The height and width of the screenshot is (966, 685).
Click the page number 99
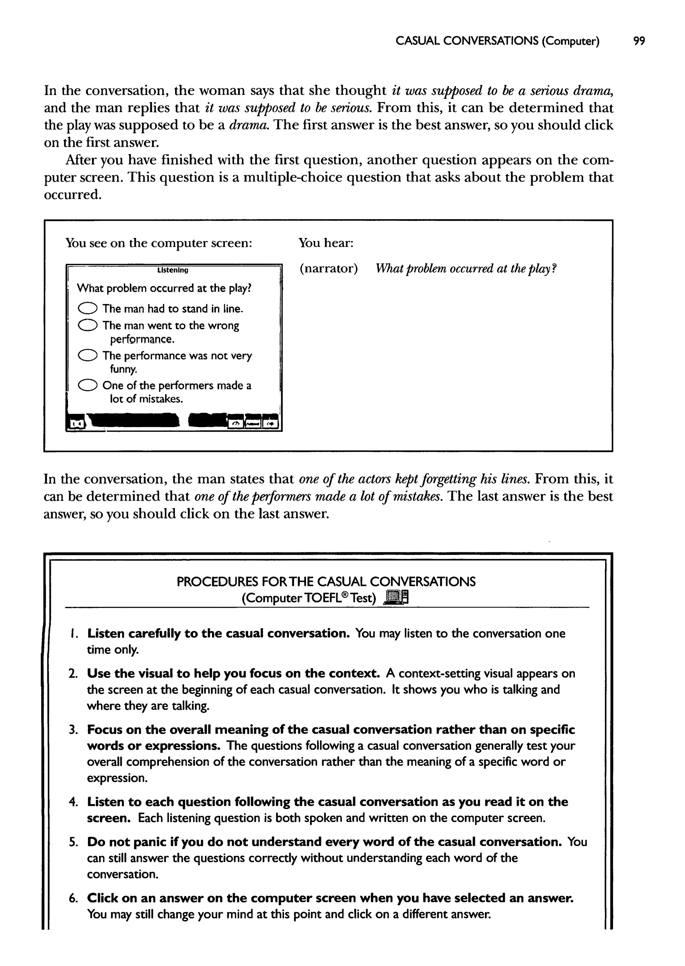639,41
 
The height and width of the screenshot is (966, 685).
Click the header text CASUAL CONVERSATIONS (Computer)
497,41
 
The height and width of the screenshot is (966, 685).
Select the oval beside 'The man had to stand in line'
88,309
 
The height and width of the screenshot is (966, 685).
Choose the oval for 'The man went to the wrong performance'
88,325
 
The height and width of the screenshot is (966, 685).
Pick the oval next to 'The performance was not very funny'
88,356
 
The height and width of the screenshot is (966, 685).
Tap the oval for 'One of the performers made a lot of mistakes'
88,385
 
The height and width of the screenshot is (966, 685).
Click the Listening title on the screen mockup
173,270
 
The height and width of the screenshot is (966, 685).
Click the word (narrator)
328,268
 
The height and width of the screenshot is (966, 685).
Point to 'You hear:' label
326,243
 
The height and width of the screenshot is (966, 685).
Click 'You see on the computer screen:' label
159,243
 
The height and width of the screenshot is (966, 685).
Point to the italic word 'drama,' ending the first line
592,91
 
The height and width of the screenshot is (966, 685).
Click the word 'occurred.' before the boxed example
73,195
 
